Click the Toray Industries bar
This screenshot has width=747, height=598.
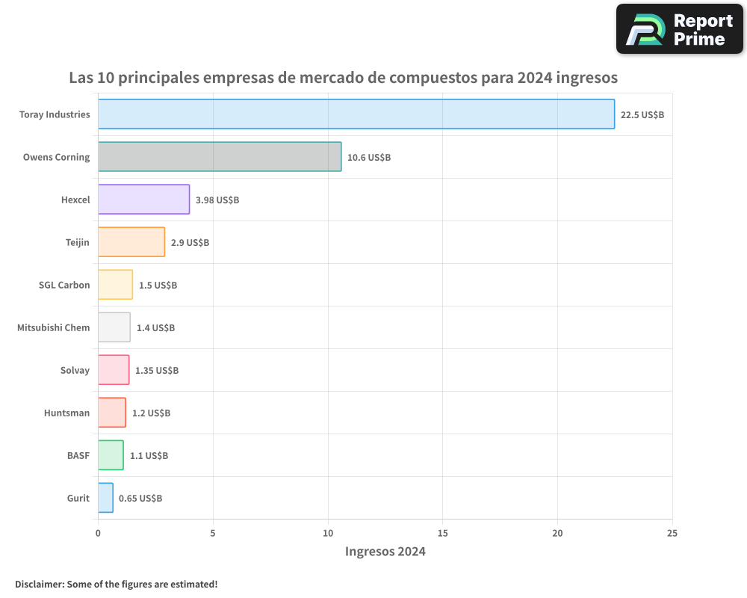click(356, 114)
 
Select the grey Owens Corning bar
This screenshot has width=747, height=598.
click(220, 157)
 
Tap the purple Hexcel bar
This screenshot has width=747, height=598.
click(143, 200)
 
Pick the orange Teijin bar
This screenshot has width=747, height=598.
click(131, 242)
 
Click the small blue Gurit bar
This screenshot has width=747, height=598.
click(105, 498)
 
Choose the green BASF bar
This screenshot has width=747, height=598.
click(111, 455)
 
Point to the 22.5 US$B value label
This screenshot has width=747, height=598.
click(642, 115)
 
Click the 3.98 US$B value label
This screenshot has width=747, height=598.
click(217, 200)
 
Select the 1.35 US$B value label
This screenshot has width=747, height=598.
click(157, 371)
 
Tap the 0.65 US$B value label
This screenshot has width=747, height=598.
click(140, 499)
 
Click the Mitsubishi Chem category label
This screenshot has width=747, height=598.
click(54, 327)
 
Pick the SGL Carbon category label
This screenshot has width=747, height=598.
click(64, 285)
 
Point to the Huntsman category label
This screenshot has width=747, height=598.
click(67, 413)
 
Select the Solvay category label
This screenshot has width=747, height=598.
click(75, 370)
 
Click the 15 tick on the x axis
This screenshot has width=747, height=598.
click(442, 533)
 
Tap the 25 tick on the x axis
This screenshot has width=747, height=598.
click(672, 533)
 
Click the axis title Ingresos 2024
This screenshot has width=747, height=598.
click(385, 552)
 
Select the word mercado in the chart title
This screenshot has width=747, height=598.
click(332, 78)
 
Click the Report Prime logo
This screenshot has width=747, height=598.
click(680, 29)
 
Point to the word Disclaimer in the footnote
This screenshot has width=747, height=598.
click(39, 584)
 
